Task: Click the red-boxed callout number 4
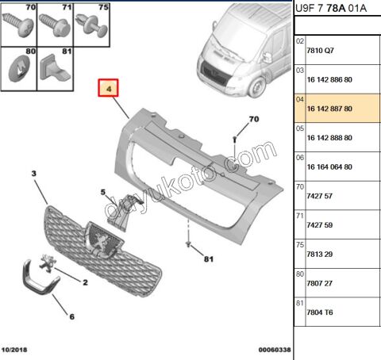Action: [x=108, y=88]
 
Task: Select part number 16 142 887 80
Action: [x=329, y=109]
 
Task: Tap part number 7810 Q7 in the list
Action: [x=320, y=51]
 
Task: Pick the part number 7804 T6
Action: [x=320, y=312]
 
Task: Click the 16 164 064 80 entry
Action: [x=329, y=167]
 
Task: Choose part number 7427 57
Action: [x=319, y=196]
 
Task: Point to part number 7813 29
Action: [x=319, y=255]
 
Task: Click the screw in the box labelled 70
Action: [x=18, y=25]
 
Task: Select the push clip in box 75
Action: [x=91, y=25]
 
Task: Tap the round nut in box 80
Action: [x=19, y=69]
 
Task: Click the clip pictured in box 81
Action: [x=54, y=67]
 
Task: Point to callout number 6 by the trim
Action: [x=71, y=316]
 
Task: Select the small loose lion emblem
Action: [x=48, y=263]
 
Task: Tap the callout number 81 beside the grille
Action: [x=209, y=259]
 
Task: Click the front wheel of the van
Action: [x=257, y=87]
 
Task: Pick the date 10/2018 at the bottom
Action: [x=14, y=350]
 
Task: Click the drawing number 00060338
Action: [x=275, y=350]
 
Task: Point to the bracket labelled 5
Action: [x=124, y=212]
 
